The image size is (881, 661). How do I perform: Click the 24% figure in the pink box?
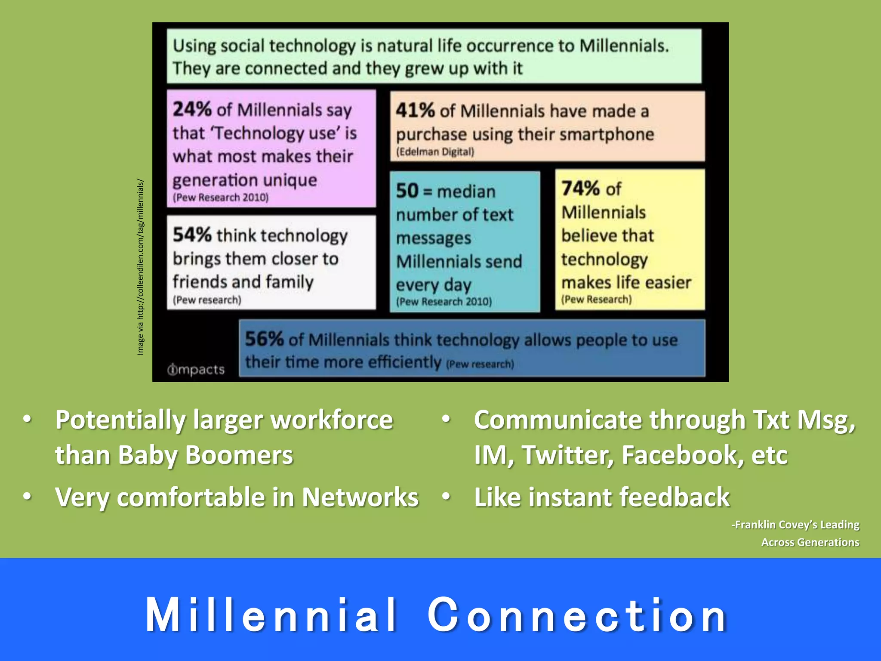coord(192,109)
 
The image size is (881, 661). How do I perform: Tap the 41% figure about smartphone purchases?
coord(415,111)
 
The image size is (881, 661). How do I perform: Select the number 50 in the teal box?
coord(407,191)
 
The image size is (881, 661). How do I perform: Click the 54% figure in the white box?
coord(192,235)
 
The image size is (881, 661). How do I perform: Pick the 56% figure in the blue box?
coord(264,339)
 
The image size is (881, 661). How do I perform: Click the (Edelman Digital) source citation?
coord(435,152)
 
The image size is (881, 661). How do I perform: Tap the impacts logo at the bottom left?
coord(196,370)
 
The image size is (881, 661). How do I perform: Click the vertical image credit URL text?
coord(140,267)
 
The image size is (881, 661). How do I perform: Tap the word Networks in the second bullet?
coord(360,497)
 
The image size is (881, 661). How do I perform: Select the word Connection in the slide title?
coord(577,615)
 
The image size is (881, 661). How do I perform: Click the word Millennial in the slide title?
coord(271,615)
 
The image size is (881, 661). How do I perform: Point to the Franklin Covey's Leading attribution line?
coord(796,525)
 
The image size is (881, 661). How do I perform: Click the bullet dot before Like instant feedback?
coord(446,497)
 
